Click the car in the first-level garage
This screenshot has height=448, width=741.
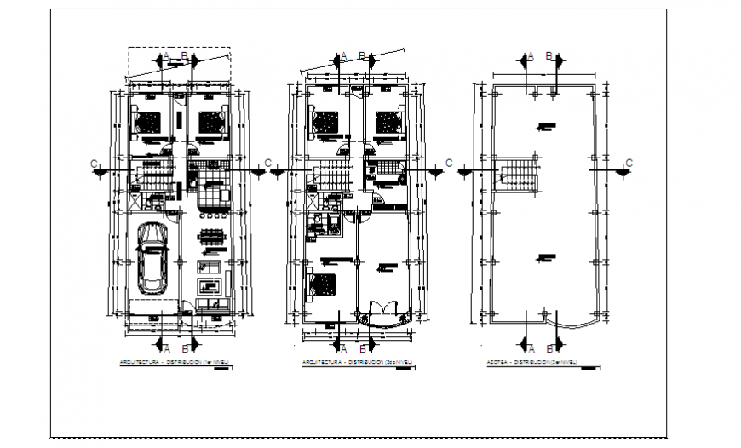click(x=152, y=258)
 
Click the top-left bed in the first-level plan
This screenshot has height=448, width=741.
click(x=151, y=123)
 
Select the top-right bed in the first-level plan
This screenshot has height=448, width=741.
click(x=210, y=123)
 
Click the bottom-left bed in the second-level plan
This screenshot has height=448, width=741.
click(x=323, y=285)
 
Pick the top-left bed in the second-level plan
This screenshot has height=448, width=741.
click(x=326, y=123)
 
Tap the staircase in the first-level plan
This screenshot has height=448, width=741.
click(x=154, y=178)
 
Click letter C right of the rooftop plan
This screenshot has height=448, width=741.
click(x=629, y=163)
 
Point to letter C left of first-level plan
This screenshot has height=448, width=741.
click(x=96, y=163)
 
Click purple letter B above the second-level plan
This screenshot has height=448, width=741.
click(x=362, y=56)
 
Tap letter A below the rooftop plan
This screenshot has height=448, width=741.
click(x=530, y=349)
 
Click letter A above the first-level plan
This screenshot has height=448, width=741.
click(x=168, y=56)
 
